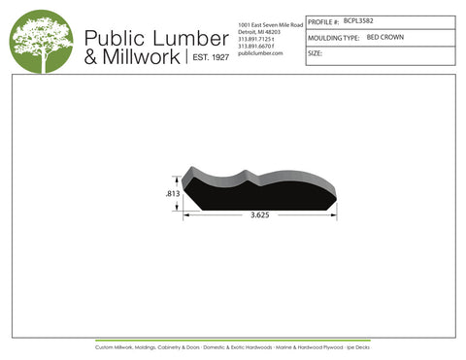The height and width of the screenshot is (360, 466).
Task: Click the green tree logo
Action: click(x=42, y=41)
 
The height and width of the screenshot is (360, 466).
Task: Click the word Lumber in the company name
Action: click(x=181, y=37)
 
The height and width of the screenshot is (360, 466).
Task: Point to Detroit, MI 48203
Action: click(x=259, y=30)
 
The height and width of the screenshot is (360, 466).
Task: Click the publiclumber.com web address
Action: click(x=259, y=53)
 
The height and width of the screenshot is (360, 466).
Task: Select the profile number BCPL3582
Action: click(x=359, y=19)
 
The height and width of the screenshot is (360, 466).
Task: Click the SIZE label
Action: click(x=315, y=53)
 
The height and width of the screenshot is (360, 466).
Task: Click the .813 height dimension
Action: click(x=172, y=194)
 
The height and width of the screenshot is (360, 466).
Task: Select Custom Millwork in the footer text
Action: click(x=115, y=346)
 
